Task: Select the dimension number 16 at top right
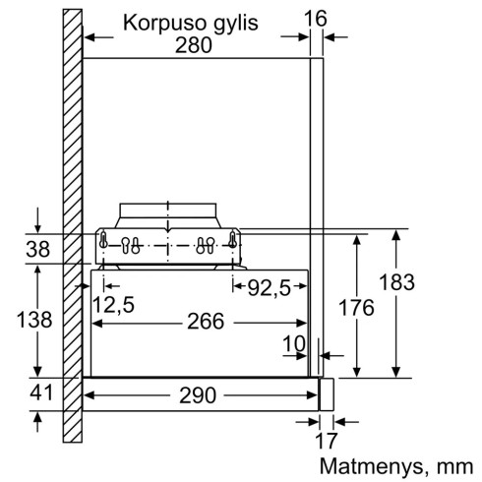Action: (317, 19)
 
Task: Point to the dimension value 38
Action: (37, 250)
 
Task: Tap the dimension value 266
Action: (203, 322)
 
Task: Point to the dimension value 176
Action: (356, 307)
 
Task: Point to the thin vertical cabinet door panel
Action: (317, 197)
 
